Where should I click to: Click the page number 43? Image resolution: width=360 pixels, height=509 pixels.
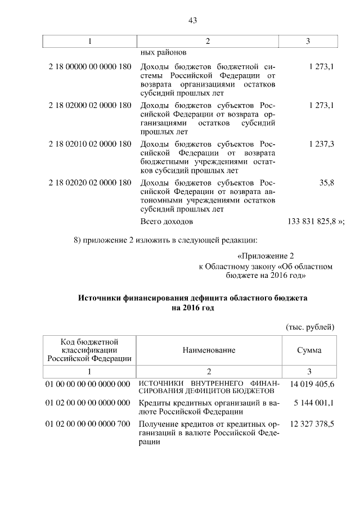click(x=192, y=21)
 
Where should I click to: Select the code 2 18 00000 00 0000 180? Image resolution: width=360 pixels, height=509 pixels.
click(x=90, y=66)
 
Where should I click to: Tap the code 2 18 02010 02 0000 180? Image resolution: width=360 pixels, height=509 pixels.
click(x=90, y=144)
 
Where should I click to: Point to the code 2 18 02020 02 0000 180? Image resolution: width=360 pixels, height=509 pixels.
click(x=90, y=183)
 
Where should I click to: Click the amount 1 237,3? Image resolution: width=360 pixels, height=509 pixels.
click(x=322, y=144)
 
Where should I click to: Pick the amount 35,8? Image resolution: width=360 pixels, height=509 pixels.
click(x=327, y=183)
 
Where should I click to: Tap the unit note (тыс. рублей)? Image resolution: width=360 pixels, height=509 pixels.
click(x=310, y=327)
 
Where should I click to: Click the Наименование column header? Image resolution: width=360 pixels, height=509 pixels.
click(x=209, y=350)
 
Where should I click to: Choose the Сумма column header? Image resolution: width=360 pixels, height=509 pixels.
click(x=309, y=350)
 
